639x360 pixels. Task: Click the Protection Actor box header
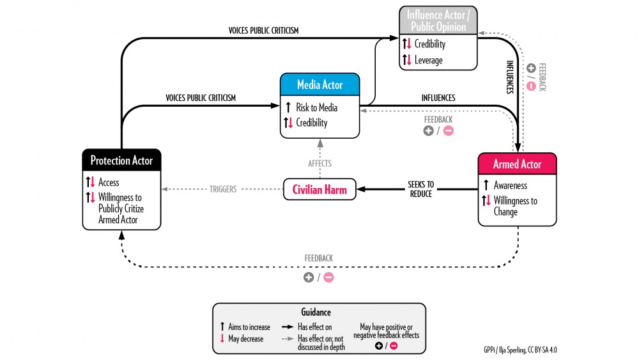[x=121, y=160]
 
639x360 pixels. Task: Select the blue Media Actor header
[x=319, y=85]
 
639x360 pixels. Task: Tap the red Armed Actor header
[x=517, y=164]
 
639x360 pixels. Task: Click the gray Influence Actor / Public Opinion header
[x=438, y=20]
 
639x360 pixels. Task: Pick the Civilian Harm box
[x=319, y=189]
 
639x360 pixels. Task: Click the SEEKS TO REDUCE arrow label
[x=420, y=189]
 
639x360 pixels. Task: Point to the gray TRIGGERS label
[x=222, y=189]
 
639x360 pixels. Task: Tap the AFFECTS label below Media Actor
[x=319, y=164]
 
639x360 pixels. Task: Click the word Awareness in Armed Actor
[x=510, y=185]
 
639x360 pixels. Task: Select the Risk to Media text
[x=316, y=107]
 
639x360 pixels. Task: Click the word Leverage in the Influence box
[x=428, y=60]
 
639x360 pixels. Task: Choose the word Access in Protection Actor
[x=109, y=182]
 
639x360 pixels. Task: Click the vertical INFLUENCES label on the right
[x=510, y=77]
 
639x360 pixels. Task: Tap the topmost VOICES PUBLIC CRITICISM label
[x=263, y=30]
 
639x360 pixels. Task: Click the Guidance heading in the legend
[x=316, y=313]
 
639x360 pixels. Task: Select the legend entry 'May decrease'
[x=245, y=339]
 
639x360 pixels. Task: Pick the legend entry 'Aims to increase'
[x=249, y=327]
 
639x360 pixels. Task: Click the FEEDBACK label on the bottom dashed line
[x=318, y=258]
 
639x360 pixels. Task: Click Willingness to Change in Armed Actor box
[x=515, y=206]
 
